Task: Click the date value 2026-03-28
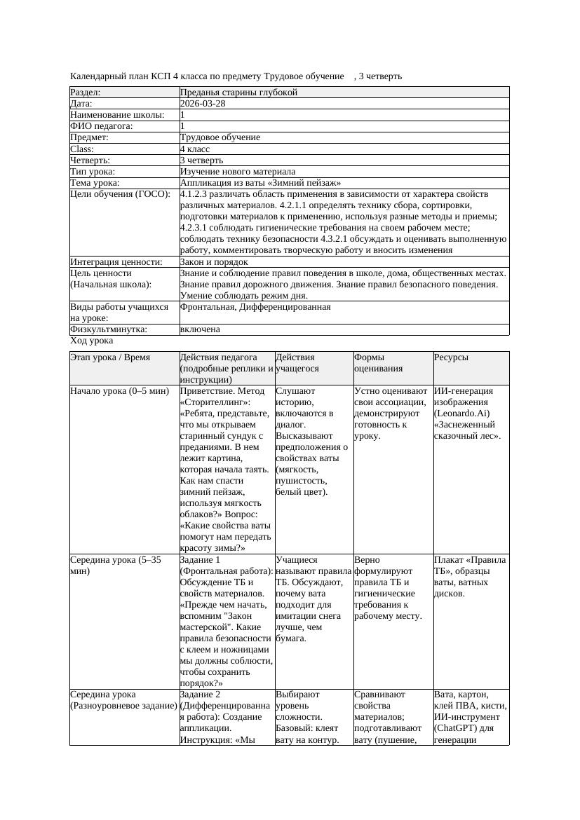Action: coord(203,104)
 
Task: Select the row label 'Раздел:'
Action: coord(86,93)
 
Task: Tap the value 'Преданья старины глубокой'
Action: coord(238,93)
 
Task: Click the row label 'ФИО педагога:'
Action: coord(102,126)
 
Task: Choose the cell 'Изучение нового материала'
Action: coord(238,172)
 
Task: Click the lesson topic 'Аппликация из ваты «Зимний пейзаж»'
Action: coord(260,183)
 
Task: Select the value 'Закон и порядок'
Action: coord(214,262)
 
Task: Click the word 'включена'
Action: coord(200,329)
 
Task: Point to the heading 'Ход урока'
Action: coord(92,341)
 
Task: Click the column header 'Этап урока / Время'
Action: coord(110,357)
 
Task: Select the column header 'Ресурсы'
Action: coord(452,357)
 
